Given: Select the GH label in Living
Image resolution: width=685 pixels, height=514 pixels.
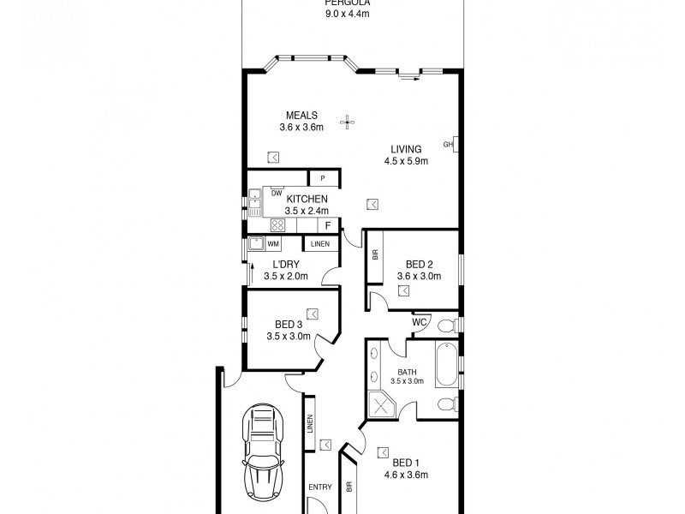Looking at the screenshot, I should (x=448, y=144).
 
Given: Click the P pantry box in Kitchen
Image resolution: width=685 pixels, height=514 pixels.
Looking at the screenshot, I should (x=323, y=178).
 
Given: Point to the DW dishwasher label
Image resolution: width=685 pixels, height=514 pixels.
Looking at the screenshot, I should (x=277, y=193).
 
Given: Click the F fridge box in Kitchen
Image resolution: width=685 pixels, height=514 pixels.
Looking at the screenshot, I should (x=327, y=224).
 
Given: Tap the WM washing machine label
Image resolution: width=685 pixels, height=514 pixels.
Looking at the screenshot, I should (x=273, y=244).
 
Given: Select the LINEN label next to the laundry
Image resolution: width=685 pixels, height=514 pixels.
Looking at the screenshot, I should (x=319, y=244).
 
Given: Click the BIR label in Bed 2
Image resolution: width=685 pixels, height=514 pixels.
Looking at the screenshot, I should (x=375, y=255).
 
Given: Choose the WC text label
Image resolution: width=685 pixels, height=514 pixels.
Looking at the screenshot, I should (x=420, y=322).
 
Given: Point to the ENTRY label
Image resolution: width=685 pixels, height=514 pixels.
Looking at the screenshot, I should (x=320, y=487).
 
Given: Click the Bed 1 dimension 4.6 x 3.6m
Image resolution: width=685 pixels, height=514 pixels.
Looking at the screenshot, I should (x=406, y=475).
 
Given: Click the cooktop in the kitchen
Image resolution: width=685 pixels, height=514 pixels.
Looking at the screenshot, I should (x=278, y=225).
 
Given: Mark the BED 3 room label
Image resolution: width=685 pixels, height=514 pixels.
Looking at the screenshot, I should (x=289, y=325).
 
